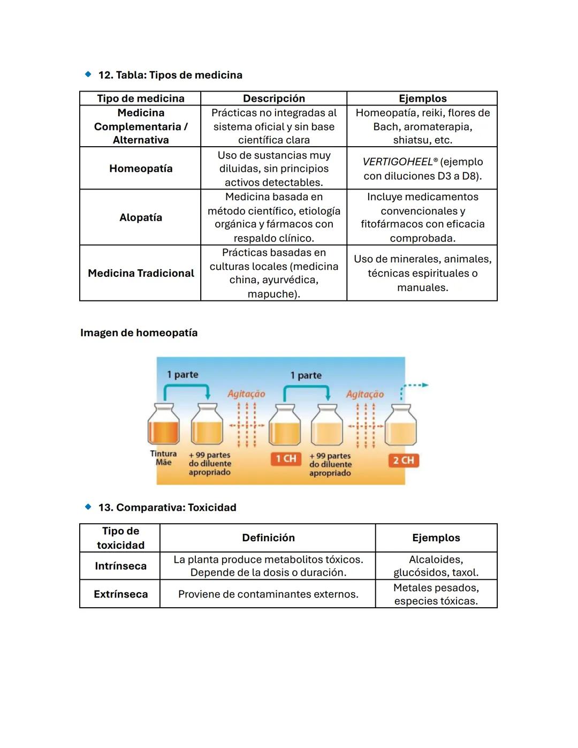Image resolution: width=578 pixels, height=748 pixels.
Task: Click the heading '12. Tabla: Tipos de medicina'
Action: coord(170,75)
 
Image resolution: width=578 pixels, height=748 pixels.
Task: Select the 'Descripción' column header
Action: coord(273,99)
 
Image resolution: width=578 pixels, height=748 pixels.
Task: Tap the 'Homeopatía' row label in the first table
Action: coord(141,169)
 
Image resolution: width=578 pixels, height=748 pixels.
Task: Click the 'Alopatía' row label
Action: coord(141,217)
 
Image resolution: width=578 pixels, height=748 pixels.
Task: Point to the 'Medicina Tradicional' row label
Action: coord(141,273)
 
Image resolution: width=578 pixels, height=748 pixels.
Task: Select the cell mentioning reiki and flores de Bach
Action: coord(422,126)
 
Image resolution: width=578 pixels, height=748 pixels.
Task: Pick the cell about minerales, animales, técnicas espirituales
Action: coord(422,273)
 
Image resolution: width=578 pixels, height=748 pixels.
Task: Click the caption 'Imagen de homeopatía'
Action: coord(139,333)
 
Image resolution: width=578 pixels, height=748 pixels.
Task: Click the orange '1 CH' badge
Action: coord(286,459)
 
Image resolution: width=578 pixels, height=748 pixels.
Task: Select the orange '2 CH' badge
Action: coord(404,460)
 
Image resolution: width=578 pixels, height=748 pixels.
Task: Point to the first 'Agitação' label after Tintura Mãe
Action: coord(246,394)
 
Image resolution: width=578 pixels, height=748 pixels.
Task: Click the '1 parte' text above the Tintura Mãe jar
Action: coord(182,374)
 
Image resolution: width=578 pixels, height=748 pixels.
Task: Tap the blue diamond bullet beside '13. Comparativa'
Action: coord(88,507)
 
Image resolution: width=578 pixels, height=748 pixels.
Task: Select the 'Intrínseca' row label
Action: coord(120,566)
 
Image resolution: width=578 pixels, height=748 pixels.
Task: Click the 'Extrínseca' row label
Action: coord(120,594)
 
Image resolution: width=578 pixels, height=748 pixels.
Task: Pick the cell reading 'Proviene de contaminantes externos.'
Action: coord(268,594)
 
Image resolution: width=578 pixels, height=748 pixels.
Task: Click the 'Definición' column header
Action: coord(268,538)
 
